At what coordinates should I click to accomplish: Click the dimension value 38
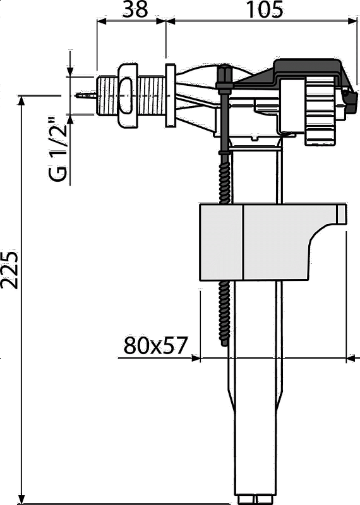point(135,9)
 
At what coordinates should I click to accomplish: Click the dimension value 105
point(264,9)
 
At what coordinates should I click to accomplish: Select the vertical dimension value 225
point(9,270)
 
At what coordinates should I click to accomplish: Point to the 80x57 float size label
point(155,345)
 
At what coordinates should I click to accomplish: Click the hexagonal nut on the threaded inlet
point(128,95)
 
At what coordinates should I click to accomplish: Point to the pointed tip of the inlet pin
point(76,95)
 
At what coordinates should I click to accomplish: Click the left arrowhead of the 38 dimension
point(103,21)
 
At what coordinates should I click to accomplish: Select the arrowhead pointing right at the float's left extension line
point(195,358)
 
